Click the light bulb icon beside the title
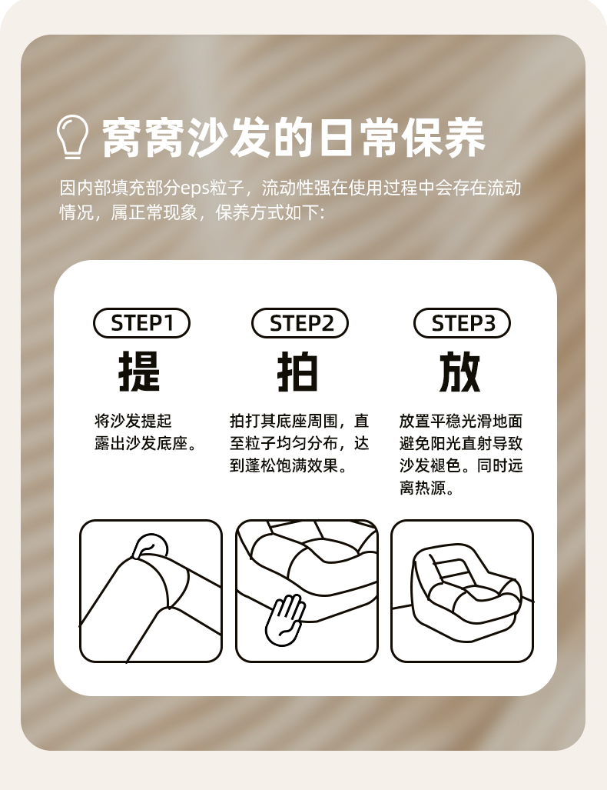72,137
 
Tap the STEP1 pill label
141,323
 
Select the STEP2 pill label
300,323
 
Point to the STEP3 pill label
462,323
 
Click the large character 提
139,372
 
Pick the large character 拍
298,372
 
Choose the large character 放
460,372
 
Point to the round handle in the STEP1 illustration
151,545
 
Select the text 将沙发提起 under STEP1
134,421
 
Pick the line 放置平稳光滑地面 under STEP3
461,421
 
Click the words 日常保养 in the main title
402,138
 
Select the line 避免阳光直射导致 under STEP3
461,443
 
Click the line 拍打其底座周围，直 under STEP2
300,421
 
